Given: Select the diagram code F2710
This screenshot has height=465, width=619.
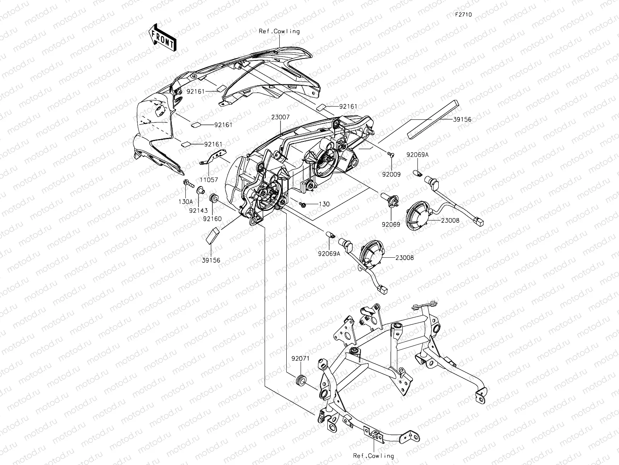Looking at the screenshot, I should (463, 15).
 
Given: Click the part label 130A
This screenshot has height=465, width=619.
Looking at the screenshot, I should (186, 201).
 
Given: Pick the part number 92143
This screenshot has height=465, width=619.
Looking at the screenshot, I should (198, 210).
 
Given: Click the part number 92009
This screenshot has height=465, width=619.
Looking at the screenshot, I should (392, 174).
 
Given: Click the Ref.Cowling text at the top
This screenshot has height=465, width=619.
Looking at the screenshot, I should (279, 31).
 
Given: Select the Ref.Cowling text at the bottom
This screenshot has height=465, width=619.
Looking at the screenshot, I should (373, 456).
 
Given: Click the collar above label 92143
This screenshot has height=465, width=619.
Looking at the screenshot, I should (200, 191).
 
